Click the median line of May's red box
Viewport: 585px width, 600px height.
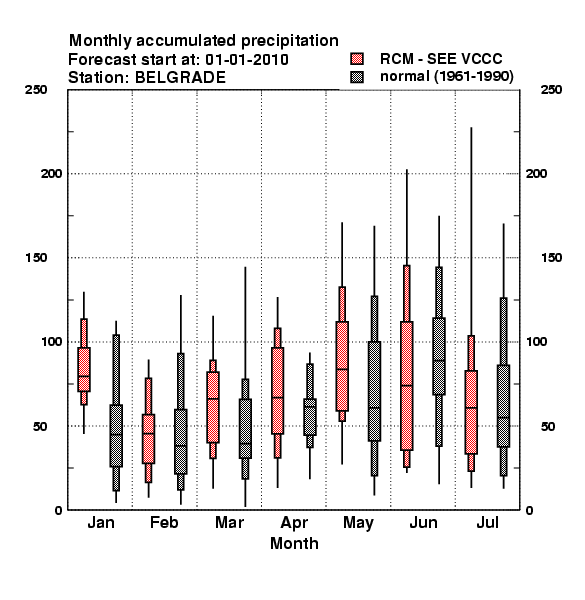pos(342,369)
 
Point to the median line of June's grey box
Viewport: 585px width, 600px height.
pos(439,360)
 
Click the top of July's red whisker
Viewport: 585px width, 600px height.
pos(471,128)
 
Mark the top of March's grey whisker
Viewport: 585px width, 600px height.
pos(245,267)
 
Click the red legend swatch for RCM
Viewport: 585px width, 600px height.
pos(357,59)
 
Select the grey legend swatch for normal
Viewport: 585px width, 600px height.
pos(357,77)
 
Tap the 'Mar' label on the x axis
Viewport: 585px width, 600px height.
pos(229,522)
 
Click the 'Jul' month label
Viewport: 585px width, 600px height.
pos(487,522)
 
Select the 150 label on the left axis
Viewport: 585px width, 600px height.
pos(36,258)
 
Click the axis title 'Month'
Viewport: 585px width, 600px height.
pos(294,543)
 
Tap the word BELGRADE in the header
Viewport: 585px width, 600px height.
pos(180,78)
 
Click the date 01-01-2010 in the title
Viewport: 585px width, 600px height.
pos(247,60)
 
